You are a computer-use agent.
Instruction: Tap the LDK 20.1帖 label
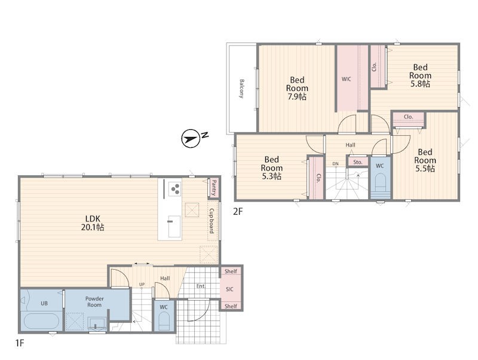coord(93,223)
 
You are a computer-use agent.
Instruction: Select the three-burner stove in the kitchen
coord(174,188)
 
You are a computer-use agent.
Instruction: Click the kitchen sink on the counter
coord(174,227)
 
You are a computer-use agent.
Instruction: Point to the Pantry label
coord(214,188)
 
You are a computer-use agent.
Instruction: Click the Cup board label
coord(212,221)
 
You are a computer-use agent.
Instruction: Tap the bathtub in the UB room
coord(41,322)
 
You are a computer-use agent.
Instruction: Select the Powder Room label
coord(94,302)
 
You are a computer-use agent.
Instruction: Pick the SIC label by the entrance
coord(229,289)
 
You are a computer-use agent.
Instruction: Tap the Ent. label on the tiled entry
coord(201,286)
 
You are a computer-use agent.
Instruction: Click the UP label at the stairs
coord(142,284)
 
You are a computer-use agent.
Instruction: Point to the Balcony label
coord(242,89)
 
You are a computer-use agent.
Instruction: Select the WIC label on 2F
coord(347,79)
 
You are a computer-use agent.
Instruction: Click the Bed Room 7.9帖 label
coord(297,89)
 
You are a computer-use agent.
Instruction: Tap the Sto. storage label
coord(357,162)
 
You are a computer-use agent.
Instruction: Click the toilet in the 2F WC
coord(380,183)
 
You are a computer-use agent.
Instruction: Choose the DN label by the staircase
coord(335,164)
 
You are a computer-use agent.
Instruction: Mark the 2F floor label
coord(238,212)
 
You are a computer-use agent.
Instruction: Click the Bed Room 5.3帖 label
coord(271,168)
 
